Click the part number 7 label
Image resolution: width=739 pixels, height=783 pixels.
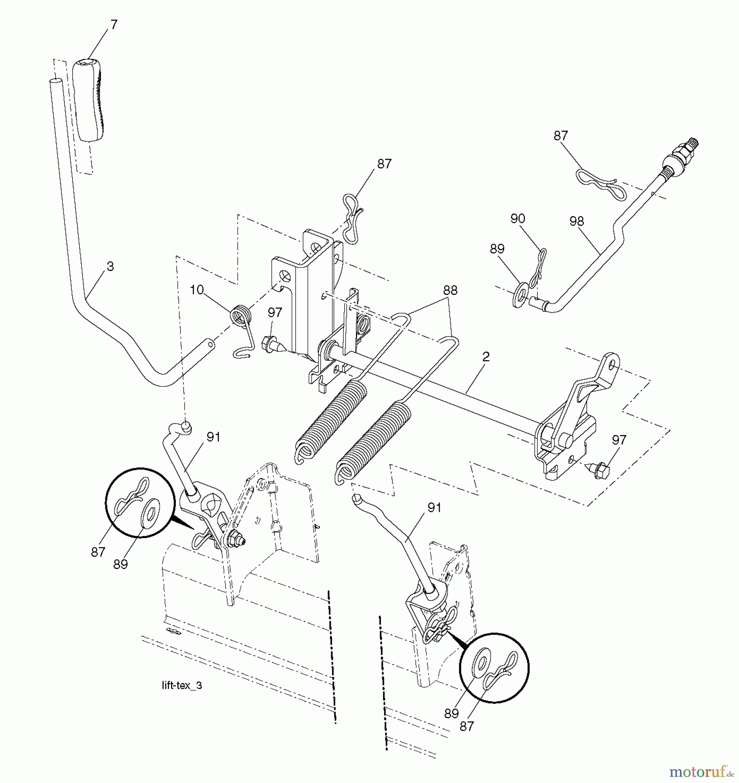tap(114, 25)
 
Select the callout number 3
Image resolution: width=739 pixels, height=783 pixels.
tap(110, 266)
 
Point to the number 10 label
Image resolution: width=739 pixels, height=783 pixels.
tap(197, 289)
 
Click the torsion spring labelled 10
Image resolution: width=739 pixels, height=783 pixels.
tap(241, 331)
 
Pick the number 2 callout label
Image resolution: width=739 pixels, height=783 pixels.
tap(486, 356)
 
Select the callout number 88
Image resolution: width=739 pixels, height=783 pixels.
tap(450, 290)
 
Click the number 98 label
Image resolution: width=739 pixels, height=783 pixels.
tap(576, 221)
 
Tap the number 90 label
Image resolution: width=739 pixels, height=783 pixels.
tap(517, 218)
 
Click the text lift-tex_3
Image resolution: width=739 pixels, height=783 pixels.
tap(181, 686)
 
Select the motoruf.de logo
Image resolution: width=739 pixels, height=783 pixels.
tap(701, 772)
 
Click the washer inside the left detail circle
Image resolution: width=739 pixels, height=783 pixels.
tap(150, 510)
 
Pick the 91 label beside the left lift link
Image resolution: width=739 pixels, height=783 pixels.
tap(213, 437)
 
